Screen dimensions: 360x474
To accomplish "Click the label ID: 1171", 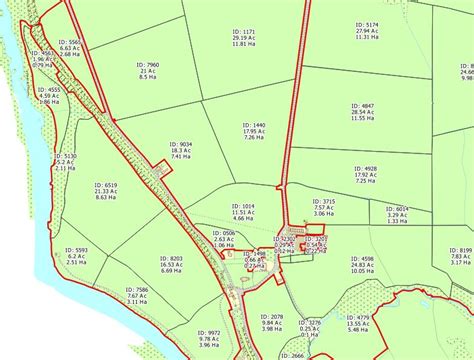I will pos(243,31).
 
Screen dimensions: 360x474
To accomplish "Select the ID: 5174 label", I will pos(365,24).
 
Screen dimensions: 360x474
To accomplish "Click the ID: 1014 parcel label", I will pos(242,206).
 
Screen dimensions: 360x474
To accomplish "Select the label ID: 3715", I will pos(322,201).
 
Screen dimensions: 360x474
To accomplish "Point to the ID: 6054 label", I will pos(396,209).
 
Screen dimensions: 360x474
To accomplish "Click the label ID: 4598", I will pos(361,258).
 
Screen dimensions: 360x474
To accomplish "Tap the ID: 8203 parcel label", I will pos(170,258).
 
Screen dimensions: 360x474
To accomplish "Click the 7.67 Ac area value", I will pos(137,296).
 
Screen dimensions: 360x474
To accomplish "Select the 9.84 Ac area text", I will pos(272,322).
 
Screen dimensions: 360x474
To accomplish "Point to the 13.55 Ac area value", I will pos(358,323).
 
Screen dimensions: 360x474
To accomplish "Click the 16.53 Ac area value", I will pos(170,264).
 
